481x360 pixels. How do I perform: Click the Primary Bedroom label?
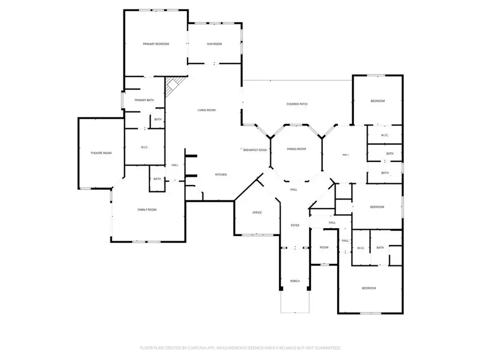156,44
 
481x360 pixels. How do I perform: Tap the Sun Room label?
214,44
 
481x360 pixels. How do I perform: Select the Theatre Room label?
100,153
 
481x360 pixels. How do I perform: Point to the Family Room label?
147,210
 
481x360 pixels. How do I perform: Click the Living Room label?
206,110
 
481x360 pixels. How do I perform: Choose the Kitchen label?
221,175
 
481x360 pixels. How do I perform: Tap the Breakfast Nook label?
254,151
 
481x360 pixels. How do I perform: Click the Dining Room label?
296,149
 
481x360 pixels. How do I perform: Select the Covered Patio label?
297,104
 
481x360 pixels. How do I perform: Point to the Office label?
257,213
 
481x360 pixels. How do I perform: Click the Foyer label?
294,225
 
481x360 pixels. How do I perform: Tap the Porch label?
294,281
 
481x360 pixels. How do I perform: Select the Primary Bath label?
144,100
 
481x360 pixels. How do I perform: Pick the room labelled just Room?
324,247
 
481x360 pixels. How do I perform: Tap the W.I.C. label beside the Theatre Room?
144,147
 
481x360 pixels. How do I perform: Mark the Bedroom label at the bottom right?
369,288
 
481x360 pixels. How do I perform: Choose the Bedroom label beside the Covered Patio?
378,101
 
